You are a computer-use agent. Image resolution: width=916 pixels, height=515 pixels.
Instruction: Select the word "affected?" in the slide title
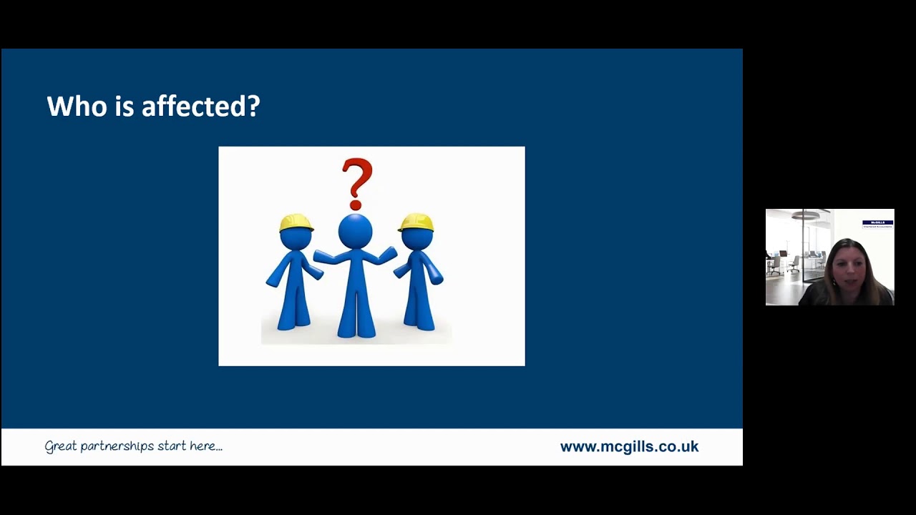click(x=200, y=107)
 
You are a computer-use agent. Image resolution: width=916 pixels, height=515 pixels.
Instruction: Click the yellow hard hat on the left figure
click(x=296, y=222)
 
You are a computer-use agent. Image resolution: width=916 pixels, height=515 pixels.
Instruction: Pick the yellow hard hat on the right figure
click(x=416, y=222)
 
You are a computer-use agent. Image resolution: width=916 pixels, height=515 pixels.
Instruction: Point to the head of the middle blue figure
click(x=356, y=231)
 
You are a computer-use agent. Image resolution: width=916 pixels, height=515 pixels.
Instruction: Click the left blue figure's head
click(x=296, y=237)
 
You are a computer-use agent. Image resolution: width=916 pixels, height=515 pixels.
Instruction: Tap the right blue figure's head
click(x=416, y=237)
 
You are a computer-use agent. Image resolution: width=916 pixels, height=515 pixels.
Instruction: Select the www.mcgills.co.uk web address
click(x=629, y=447)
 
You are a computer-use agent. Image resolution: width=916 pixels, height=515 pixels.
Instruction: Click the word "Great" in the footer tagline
click(x=60, y=446)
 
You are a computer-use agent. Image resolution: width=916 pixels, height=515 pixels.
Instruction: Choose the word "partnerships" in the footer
click(x=117, y=446)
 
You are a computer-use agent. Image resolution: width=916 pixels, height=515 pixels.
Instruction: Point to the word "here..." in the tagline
click(x=206, y=446)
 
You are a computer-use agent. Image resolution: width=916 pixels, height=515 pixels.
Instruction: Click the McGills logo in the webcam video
click(x=877, y=223)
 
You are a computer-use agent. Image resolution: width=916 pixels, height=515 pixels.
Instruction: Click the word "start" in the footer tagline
click(x=172, y=446)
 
